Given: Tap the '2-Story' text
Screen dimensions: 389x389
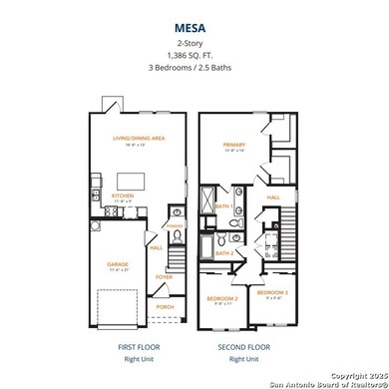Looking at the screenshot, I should pyautogui.click(x=194, y=46).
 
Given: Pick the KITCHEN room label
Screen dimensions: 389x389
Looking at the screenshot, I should pyautogui.click(x=123, y=195).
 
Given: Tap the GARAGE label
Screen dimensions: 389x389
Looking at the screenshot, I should pyautogui.click(x=119, y=264).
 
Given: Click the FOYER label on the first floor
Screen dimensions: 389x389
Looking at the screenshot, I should pyautogui.click(x=165, y=276).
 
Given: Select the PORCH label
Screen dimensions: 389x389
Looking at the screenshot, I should pyautogui.click(x=165, y=306).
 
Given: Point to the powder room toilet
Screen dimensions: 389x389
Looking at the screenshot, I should pyautogui.click(x=175, y=212).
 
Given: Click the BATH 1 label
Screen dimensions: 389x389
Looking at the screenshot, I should pyautogui.click(x=225, y=205).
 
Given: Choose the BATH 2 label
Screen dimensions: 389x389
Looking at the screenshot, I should pyautogui.click(x=225, y=253).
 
